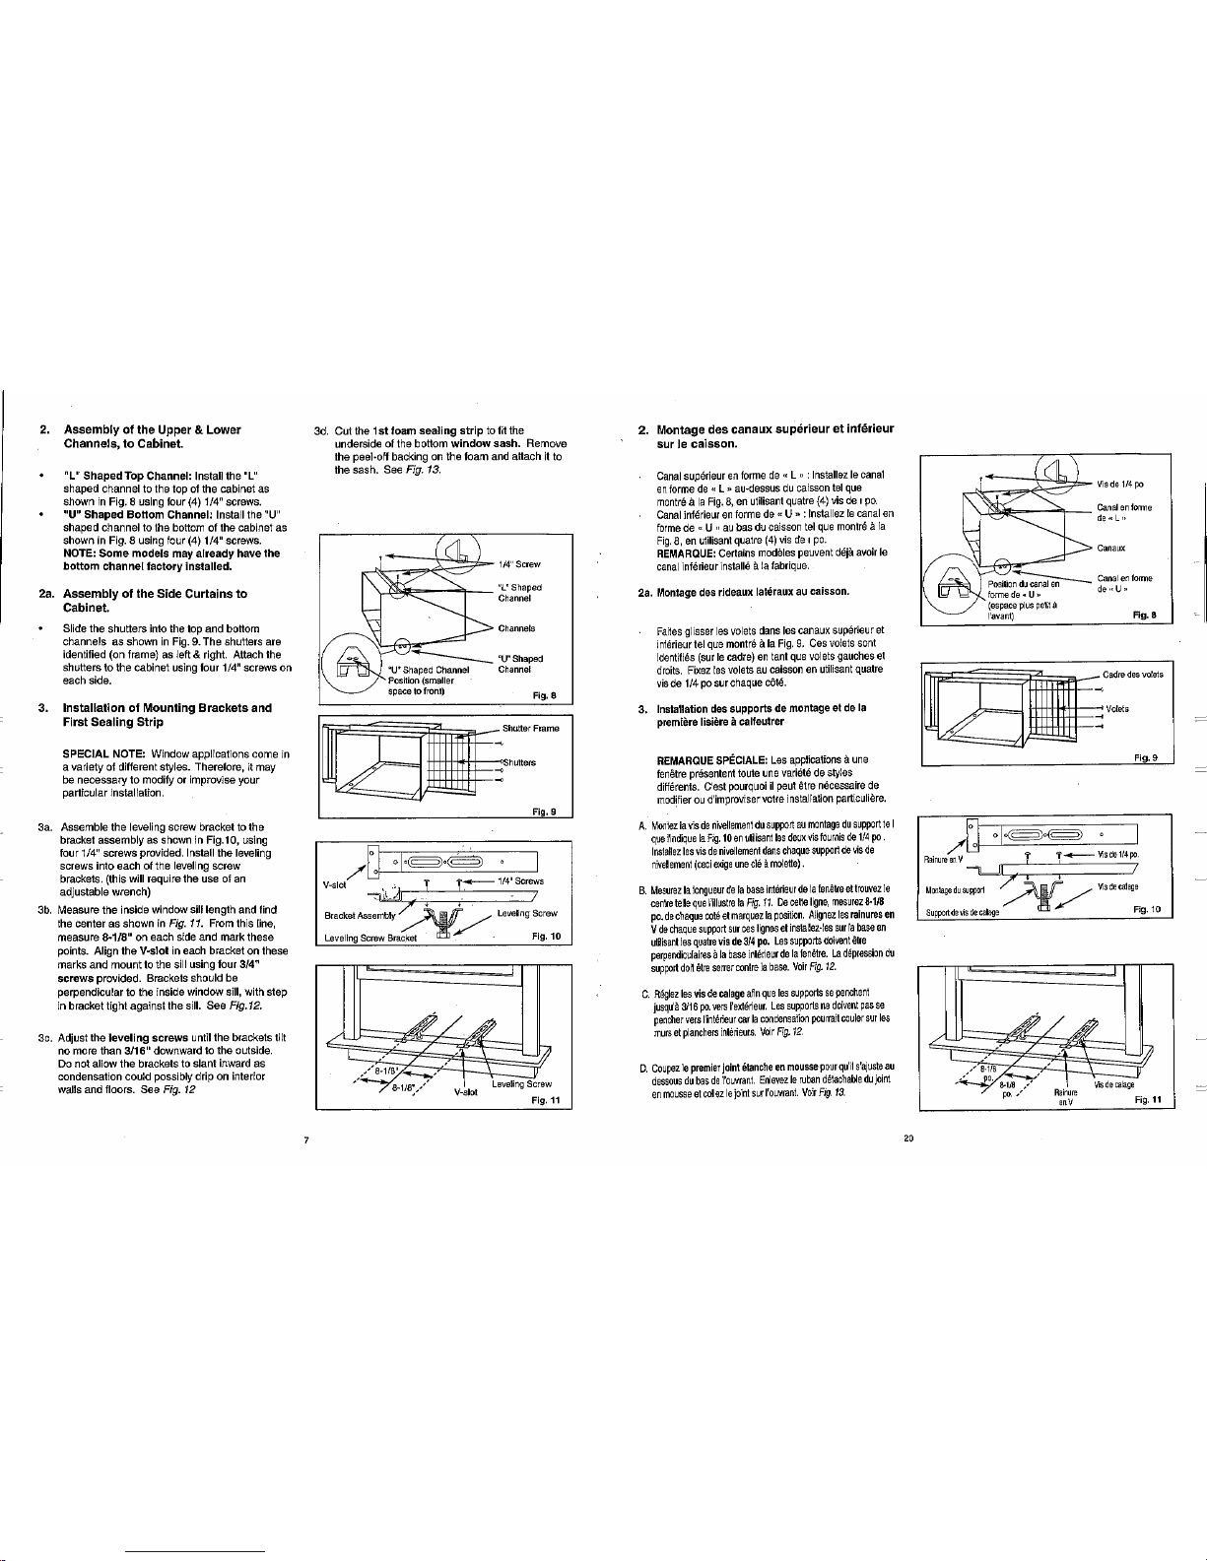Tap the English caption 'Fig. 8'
[x=545, y=338]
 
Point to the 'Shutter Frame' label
[x=530, y=369]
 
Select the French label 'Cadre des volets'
[x=1132, y=316]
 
